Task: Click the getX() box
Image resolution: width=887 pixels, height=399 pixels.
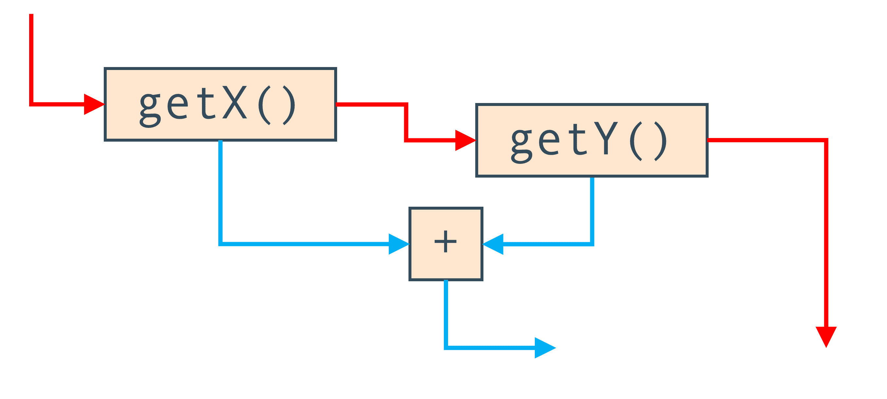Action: tap(220, 104)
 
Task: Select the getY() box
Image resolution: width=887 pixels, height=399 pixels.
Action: tap(591, 140)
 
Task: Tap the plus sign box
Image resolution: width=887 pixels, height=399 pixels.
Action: tap(446, 244)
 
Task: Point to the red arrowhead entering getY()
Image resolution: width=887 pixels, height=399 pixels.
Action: tap(465, 140)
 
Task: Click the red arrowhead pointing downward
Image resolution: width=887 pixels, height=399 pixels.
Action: tap(826, 337)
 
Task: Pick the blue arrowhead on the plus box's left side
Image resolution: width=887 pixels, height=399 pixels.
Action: tap(399, 244)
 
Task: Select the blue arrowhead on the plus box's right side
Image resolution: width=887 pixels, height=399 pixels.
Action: tap(493, 244)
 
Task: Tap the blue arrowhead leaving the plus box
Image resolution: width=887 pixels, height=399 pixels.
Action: tap(545, 348)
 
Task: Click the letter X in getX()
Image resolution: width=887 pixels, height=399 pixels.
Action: tap(235, 102)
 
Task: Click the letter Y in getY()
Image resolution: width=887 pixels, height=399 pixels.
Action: tap(606, 138)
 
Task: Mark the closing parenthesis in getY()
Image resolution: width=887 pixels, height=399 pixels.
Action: tap(661, 141)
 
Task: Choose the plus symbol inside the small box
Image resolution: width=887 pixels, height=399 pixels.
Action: tap(445, 241)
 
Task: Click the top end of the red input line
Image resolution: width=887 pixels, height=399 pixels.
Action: tap(31, 14)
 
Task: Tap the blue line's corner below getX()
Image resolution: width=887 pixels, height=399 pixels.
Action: tap(220, 244)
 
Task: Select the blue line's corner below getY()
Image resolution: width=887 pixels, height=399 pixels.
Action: tap(592, 244)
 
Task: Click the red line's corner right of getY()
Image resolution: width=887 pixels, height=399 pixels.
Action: tap(826, 140)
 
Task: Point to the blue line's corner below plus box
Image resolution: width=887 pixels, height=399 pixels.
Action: tap(446, 348)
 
